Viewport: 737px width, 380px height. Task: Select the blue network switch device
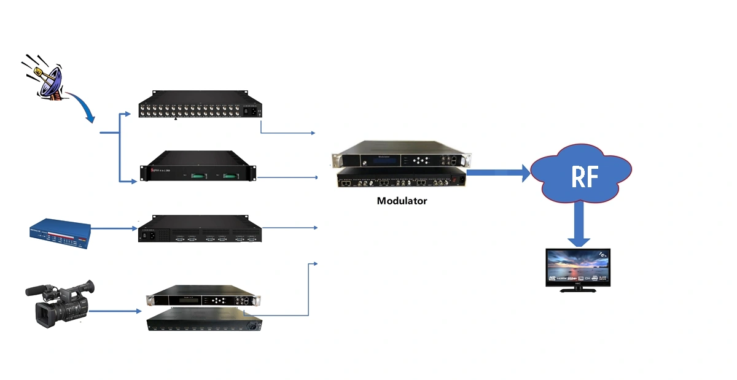tap(59, 233)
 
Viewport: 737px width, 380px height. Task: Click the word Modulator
tap(402, 201)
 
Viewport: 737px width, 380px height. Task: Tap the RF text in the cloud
tap(584, 176)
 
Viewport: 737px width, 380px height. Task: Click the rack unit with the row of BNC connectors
tap(199, 106)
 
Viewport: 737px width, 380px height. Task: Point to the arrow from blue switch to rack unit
tap(114, 228)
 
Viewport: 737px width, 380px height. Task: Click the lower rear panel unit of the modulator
tap(399, 180)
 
